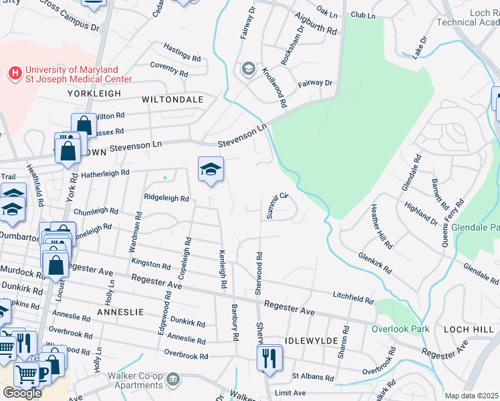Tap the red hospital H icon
[13, 72]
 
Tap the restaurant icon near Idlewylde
[270, 359]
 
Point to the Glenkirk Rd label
[375, 259]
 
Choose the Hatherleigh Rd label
[105, 173]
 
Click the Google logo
[22, 393]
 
